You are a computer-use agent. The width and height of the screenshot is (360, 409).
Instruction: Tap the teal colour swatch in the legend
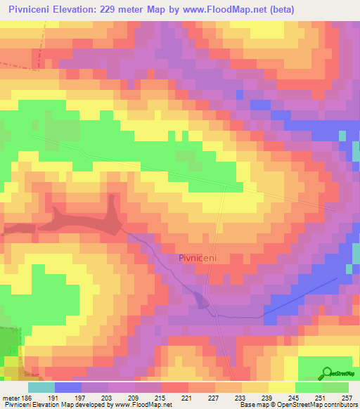pyautogui.click(x=41, y=387)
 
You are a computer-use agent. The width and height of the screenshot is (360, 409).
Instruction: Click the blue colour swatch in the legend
pyautogui.click(x=67, y=387)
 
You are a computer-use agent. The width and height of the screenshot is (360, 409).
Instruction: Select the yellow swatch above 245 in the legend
pyautogui.click(x=281, y=387)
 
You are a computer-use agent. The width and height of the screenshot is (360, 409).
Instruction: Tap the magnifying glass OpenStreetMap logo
pyautogui.click(x=328, y=374)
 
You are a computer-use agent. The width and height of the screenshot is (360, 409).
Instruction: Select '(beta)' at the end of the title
pyautogui.click(x=280, y=9)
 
